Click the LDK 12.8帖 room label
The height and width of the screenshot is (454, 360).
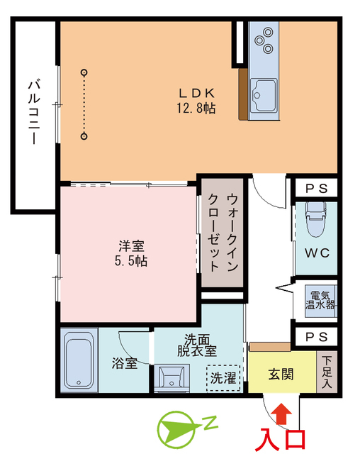click(x=196, y=101)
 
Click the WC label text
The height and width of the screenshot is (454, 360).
click(x=315, y=253)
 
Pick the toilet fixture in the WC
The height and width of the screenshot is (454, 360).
click(x=315, y=221)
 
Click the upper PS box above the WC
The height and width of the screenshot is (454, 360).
click(x=315, y=189)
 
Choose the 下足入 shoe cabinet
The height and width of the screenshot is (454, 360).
click(x=327, y=372)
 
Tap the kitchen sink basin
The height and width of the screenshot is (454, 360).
click(x=265, y=93)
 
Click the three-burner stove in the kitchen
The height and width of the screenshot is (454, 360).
click(x=266, y=40)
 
